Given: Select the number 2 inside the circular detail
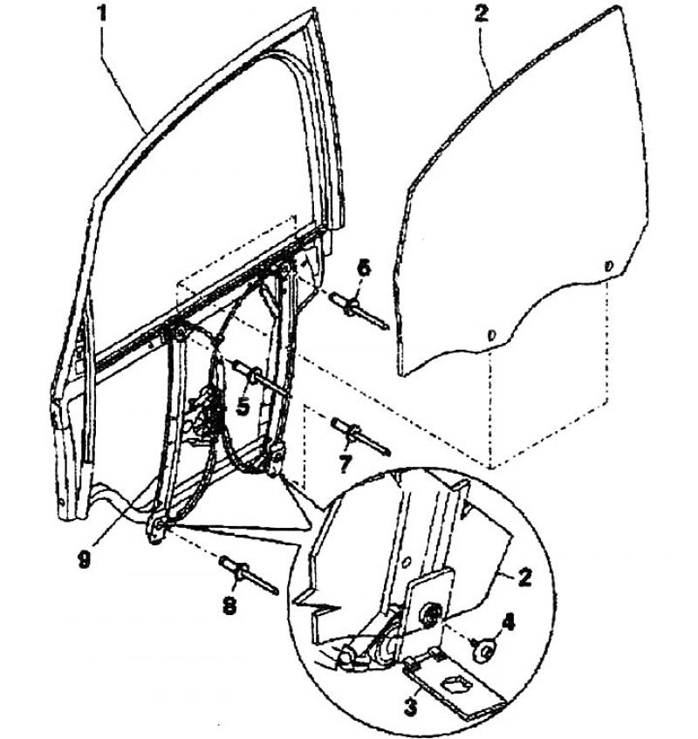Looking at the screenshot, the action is tap(525, 577).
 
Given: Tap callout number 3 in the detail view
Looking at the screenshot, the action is tap(410, 707).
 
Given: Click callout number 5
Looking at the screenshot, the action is tap(243, 407).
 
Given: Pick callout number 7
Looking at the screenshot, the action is tap(345, 464).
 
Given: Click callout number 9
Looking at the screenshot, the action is tap(84, 560).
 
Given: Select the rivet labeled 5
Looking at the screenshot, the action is tap(260, 377).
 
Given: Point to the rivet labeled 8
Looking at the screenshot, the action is tap(250, 575).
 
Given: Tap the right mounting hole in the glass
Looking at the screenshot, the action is tap(608, 266).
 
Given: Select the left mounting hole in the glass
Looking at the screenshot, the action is tap(491, 336).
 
